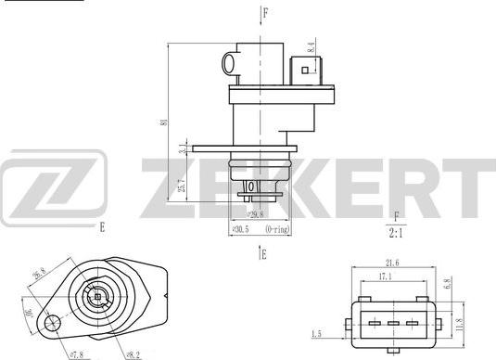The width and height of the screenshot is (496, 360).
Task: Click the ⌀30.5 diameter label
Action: point(238,227)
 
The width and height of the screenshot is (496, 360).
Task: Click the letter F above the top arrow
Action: point(265,12)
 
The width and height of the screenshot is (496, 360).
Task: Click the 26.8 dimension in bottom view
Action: point(40,276)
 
